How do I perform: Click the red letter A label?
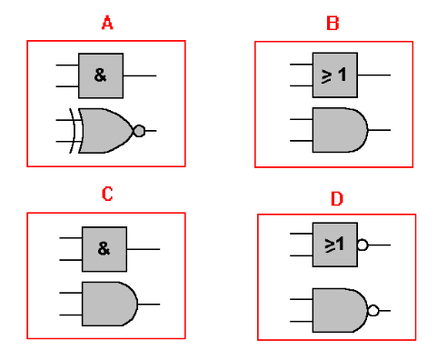(106, 23)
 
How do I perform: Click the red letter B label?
(333, 23)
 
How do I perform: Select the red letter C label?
(106, 194)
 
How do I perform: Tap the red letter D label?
(335, 197)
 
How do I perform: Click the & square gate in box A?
(101, 75)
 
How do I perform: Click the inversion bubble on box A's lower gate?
(139, 131)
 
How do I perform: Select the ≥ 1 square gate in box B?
(334, 75)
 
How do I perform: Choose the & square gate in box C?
(104, 249)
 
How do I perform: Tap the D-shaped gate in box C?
(108, 303)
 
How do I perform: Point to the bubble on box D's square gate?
(362, 245)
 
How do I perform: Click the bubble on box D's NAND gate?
(372, 311)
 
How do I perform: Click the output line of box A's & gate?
(139, 75)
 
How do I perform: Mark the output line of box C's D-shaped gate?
(149, 304)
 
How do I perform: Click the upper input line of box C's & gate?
(71, 238)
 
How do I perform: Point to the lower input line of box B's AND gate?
(299, 142)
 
